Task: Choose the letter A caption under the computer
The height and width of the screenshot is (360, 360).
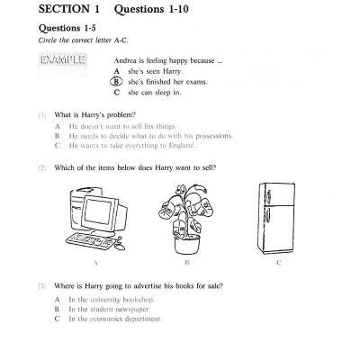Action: pyautogui.click(x=95, y=263)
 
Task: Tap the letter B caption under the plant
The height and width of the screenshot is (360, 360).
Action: pyautogui.click(x=186, y=263)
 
